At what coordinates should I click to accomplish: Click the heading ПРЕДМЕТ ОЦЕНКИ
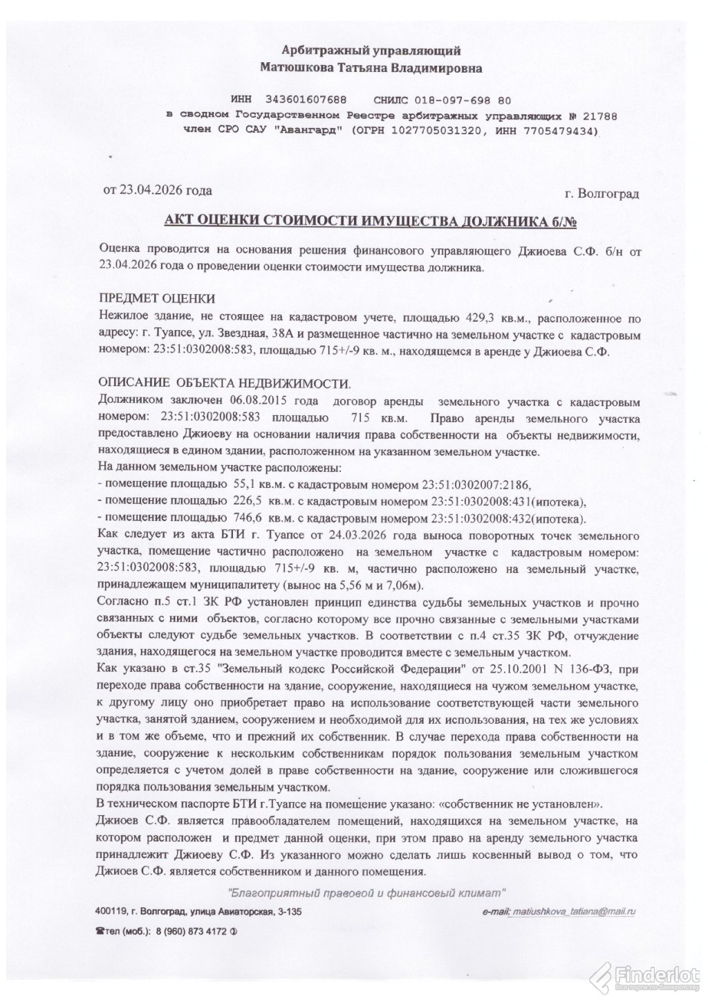157,298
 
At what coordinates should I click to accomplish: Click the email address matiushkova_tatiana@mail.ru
572,913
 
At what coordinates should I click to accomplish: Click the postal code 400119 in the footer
111,913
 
